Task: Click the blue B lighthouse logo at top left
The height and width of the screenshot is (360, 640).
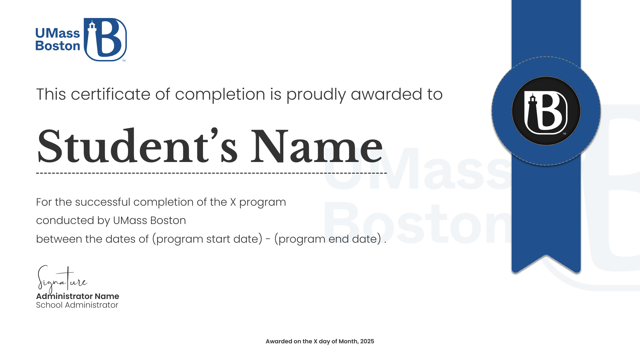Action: (105, 40)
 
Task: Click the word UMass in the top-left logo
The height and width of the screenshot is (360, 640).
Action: (58, 33)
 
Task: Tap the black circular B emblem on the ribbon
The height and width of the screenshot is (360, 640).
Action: (546, 111)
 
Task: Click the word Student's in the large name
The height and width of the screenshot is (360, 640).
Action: (137, 147)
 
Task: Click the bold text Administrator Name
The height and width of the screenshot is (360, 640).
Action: (77, 296)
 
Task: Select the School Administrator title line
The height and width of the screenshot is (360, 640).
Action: (77, 305)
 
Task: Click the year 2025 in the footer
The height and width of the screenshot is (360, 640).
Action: (367, 341)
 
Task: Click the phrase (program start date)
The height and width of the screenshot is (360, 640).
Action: (207, 239)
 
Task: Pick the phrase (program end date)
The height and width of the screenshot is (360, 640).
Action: (328, 239)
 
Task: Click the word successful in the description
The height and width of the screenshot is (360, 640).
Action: (103, 202)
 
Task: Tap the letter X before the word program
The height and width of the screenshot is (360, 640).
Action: (233, 202)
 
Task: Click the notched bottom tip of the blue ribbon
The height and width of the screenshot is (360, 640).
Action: (546, 256)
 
